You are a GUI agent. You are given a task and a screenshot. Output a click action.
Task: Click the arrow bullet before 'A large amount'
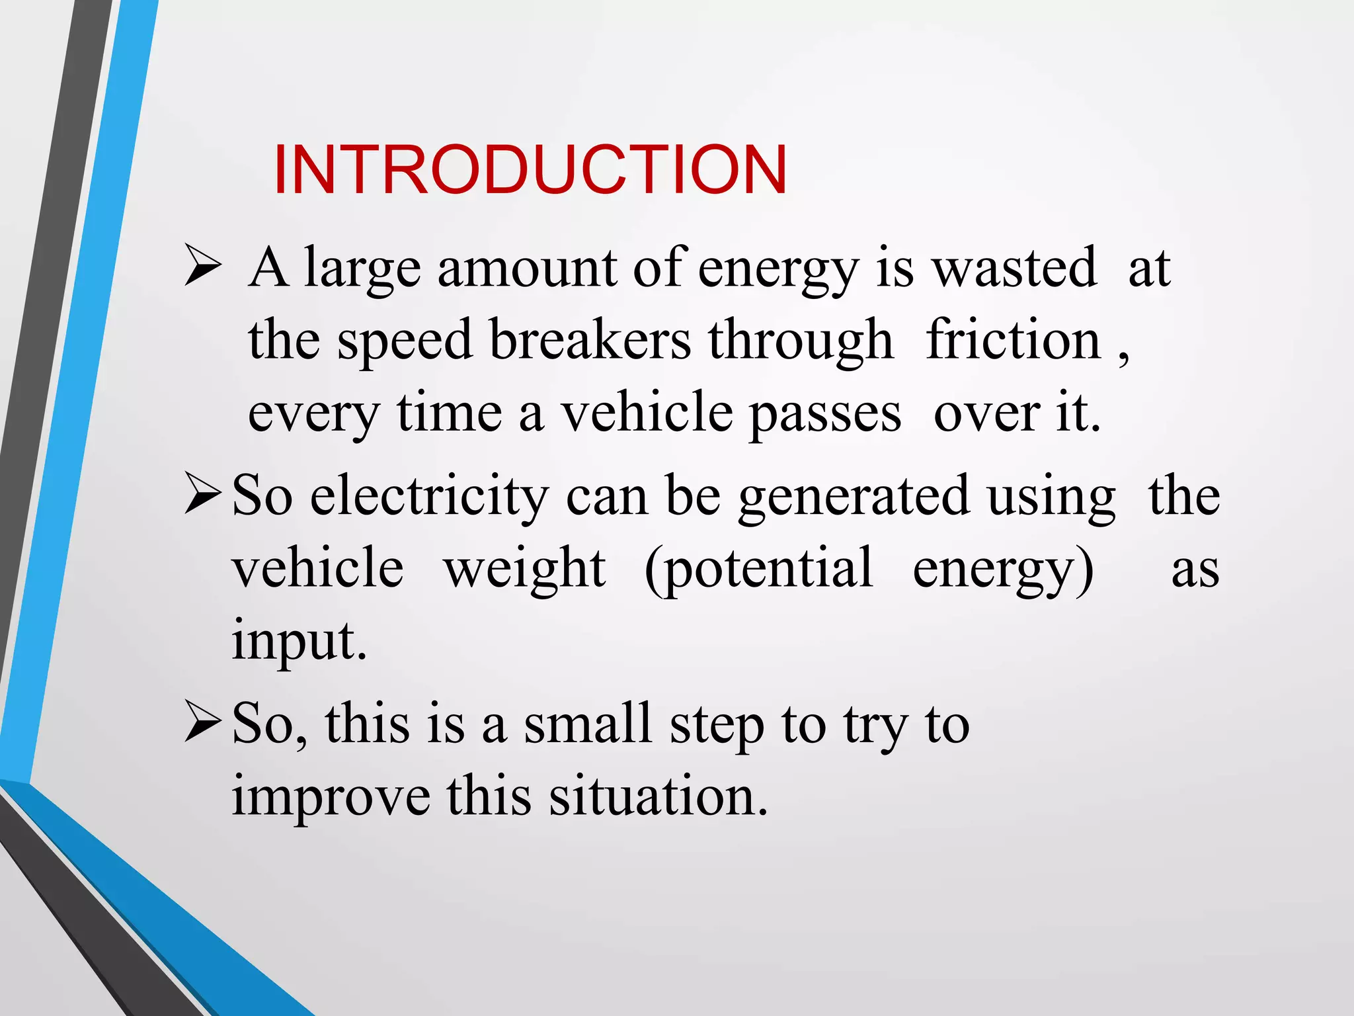click(202, 265)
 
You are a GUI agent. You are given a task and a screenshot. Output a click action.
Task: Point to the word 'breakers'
click(590, 340)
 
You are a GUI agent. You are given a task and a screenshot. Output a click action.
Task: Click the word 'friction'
click(1013, 340)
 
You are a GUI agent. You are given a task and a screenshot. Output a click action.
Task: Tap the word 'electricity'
click(429, 496)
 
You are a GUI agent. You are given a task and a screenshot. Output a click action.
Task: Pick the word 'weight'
click(524, 569)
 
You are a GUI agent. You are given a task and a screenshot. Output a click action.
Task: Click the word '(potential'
click(758, 569)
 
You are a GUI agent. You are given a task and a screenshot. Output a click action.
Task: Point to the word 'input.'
click(299, 640)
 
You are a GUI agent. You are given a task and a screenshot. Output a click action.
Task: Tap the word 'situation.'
click(658, 796)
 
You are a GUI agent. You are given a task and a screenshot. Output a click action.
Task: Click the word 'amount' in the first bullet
click(528, 269)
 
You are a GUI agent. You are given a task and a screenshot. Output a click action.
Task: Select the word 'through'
click(801, 340)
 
